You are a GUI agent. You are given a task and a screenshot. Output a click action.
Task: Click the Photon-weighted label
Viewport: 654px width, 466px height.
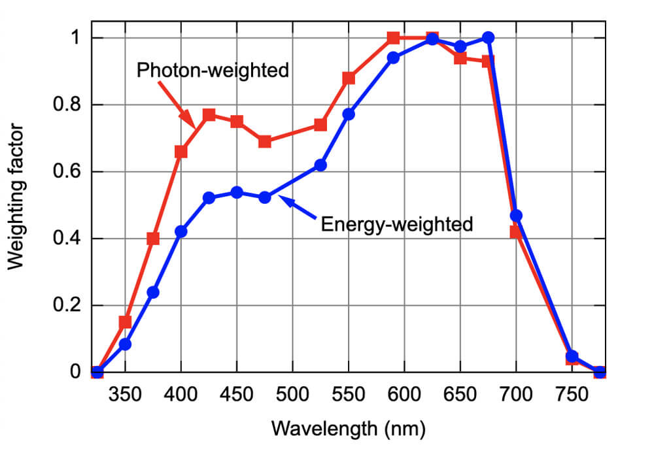click(x=213, y=70)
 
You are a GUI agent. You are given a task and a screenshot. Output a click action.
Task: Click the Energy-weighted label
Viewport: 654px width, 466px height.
click(x=396, y=224)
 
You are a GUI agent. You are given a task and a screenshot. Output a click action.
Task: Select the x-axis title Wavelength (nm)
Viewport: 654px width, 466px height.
click(x=348, y=429)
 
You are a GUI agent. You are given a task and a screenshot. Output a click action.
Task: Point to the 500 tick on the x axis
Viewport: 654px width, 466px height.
click(x=292, y=396)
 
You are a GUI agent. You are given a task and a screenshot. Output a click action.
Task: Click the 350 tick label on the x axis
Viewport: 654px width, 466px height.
click(x=125, y=396)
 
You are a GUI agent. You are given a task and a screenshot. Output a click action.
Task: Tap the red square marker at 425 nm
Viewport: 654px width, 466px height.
click(x=209, y=115)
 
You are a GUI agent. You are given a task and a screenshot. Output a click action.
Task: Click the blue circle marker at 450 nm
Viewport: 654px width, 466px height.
click(x=237, y=192)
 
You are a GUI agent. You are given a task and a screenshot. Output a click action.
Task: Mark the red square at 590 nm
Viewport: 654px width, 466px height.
click(x=393, y=38)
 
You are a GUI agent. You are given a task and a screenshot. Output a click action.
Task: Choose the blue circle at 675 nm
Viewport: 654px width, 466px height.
click(x=488, y=38)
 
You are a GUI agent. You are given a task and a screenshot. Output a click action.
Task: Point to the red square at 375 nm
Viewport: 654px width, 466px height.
click(x=153, y=239)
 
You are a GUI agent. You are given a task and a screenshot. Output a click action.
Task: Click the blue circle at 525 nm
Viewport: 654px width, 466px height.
click(x=320, y=165)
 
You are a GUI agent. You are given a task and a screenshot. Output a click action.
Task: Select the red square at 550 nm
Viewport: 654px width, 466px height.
click(x=349, y=78)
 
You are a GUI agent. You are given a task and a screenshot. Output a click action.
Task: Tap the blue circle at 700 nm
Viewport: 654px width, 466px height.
click(x=516, y=216)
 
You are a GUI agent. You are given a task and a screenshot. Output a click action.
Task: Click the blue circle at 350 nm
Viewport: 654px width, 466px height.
click(x=125, y=344)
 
